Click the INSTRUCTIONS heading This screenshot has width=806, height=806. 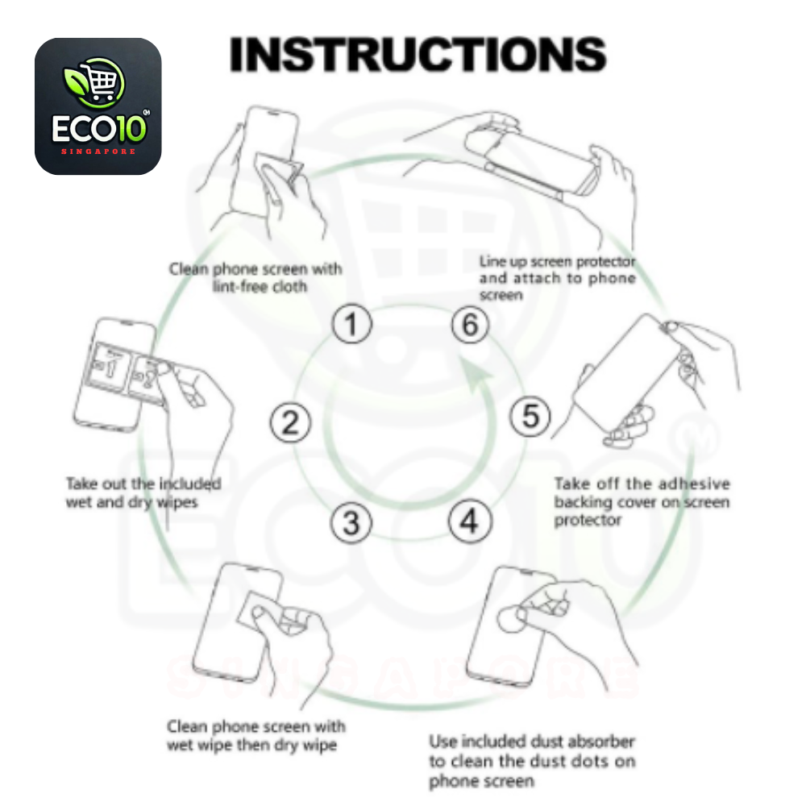418,54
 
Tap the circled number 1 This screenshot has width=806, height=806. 351,324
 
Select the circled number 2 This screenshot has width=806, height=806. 290,422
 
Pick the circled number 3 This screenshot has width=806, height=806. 351,523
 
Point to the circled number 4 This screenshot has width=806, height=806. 470,521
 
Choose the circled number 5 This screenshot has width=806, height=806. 530,417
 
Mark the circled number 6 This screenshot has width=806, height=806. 471,325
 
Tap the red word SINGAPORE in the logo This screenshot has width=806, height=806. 98,152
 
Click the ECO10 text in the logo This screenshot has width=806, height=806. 99,127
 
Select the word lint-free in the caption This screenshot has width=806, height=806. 240,287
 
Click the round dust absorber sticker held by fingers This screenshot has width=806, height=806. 511,618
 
